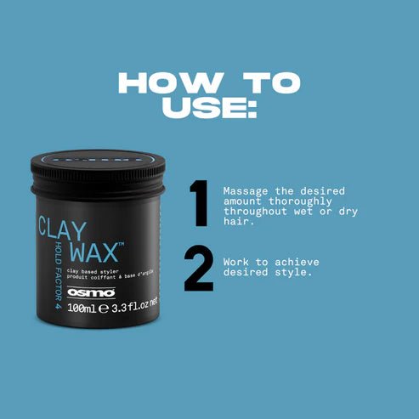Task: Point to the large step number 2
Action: pyautogui.click(x=199, y=270)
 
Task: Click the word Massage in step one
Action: pyautogui.click(x=245, y=191)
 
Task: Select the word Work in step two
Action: pyautogui.click(x=236, y=263)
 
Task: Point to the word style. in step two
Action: pyautogui.click(x=296, y=275)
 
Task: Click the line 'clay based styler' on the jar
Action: pyautogui.click(x=93, y=269)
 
